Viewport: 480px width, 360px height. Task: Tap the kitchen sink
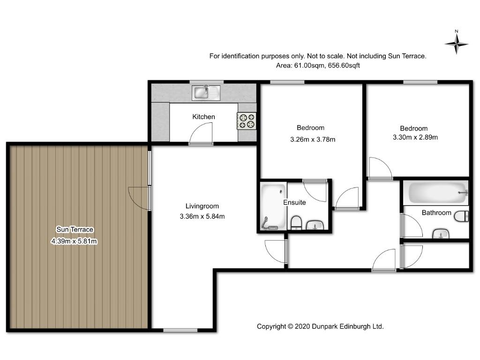[x=206, y=93]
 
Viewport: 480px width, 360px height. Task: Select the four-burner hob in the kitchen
[x=247, y=121]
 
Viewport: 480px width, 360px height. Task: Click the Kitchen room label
[x=203, y=117]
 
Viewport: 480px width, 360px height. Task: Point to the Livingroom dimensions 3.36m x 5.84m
[x=202, y=217]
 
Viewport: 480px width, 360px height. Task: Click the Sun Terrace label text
[x=75, y=229]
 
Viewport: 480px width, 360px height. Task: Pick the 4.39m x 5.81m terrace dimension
[x=74, y=241]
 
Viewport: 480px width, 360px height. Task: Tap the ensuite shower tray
[x=273, y=206]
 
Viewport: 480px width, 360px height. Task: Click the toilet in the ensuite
[x=296, y=223]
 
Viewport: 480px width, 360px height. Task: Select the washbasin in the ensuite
[x=315, y=225]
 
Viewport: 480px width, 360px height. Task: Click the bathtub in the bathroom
[x=435, y=193]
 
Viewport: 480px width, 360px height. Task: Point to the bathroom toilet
[x=461, y=216]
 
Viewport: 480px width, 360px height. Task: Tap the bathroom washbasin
[x=441, y=234]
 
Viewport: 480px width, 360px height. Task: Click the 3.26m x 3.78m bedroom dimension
[x=313, y=140]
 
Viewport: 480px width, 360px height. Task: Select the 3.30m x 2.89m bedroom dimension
[x=415, y=137]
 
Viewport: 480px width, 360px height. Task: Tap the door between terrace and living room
[x=139, y=198]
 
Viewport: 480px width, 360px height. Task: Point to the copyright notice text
[x=320, y=327]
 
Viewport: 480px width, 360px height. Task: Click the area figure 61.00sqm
[x=309, y=66]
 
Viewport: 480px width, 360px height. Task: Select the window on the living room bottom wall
[x=180, y=330]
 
